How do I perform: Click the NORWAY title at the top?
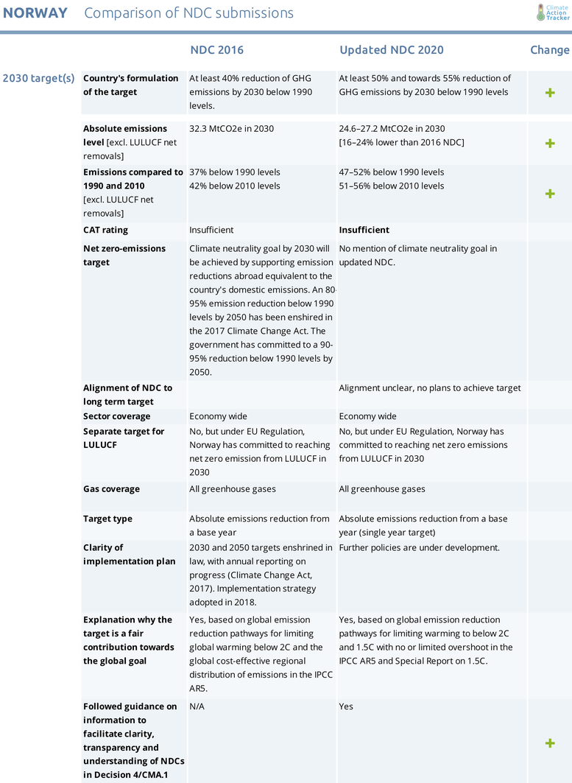35,13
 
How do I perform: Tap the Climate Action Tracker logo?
553,13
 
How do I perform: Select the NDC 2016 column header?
216,50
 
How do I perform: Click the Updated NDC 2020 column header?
391,50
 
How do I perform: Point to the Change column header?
549,50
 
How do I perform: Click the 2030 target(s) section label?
38,78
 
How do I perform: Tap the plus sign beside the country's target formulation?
549,93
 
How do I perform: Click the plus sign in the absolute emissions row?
549,143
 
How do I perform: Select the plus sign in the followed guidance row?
549,743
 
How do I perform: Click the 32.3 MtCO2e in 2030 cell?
231,129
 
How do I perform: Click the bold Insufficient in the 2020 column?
364,230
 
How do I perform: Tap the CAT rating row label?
105,230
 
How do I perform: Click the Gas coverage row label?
111,489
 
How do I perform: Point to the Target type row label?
107,519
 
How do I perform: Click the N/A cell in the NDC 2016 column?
197,706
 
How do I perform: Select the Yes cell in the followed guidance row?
346,706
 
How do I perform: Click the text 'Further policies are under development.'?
419,547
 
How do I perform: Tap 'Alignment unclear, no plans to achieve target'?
429,387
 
